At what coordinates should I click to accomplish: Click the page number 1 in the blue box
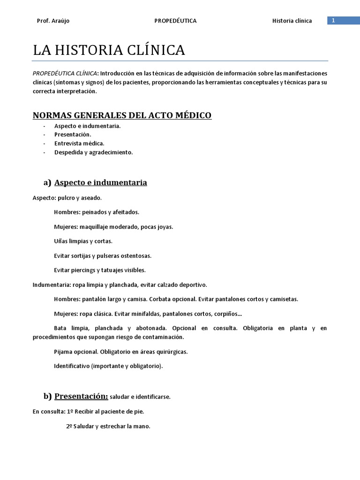333,21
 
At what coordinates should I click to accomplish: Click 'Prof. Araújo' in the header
53,21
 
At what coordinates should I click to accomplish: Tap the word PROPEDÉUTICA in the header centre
175,21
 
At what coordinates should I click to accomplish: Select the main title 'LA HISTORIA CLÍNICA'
109,51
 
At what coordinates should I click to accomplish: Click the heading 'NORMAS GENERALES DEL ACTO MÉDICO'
122,115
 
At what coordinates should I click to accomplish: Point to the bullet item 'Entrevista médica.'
79,143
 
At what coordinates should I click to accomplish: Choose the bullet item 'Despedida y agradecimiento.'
93,152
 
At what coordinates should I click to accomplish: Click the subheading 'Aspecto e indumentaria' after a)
101,182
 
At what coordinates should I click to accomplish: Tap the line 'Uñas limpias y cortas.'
83,241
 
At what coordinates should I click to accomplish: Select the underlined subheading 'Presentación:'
81,397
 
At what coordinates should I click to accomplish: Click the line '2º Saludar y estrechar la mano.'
106,427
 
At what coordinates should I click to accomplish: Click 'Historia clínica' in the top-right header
292,21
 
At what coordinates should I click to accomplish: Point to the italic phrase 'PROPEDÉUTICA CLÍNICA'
65,74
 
